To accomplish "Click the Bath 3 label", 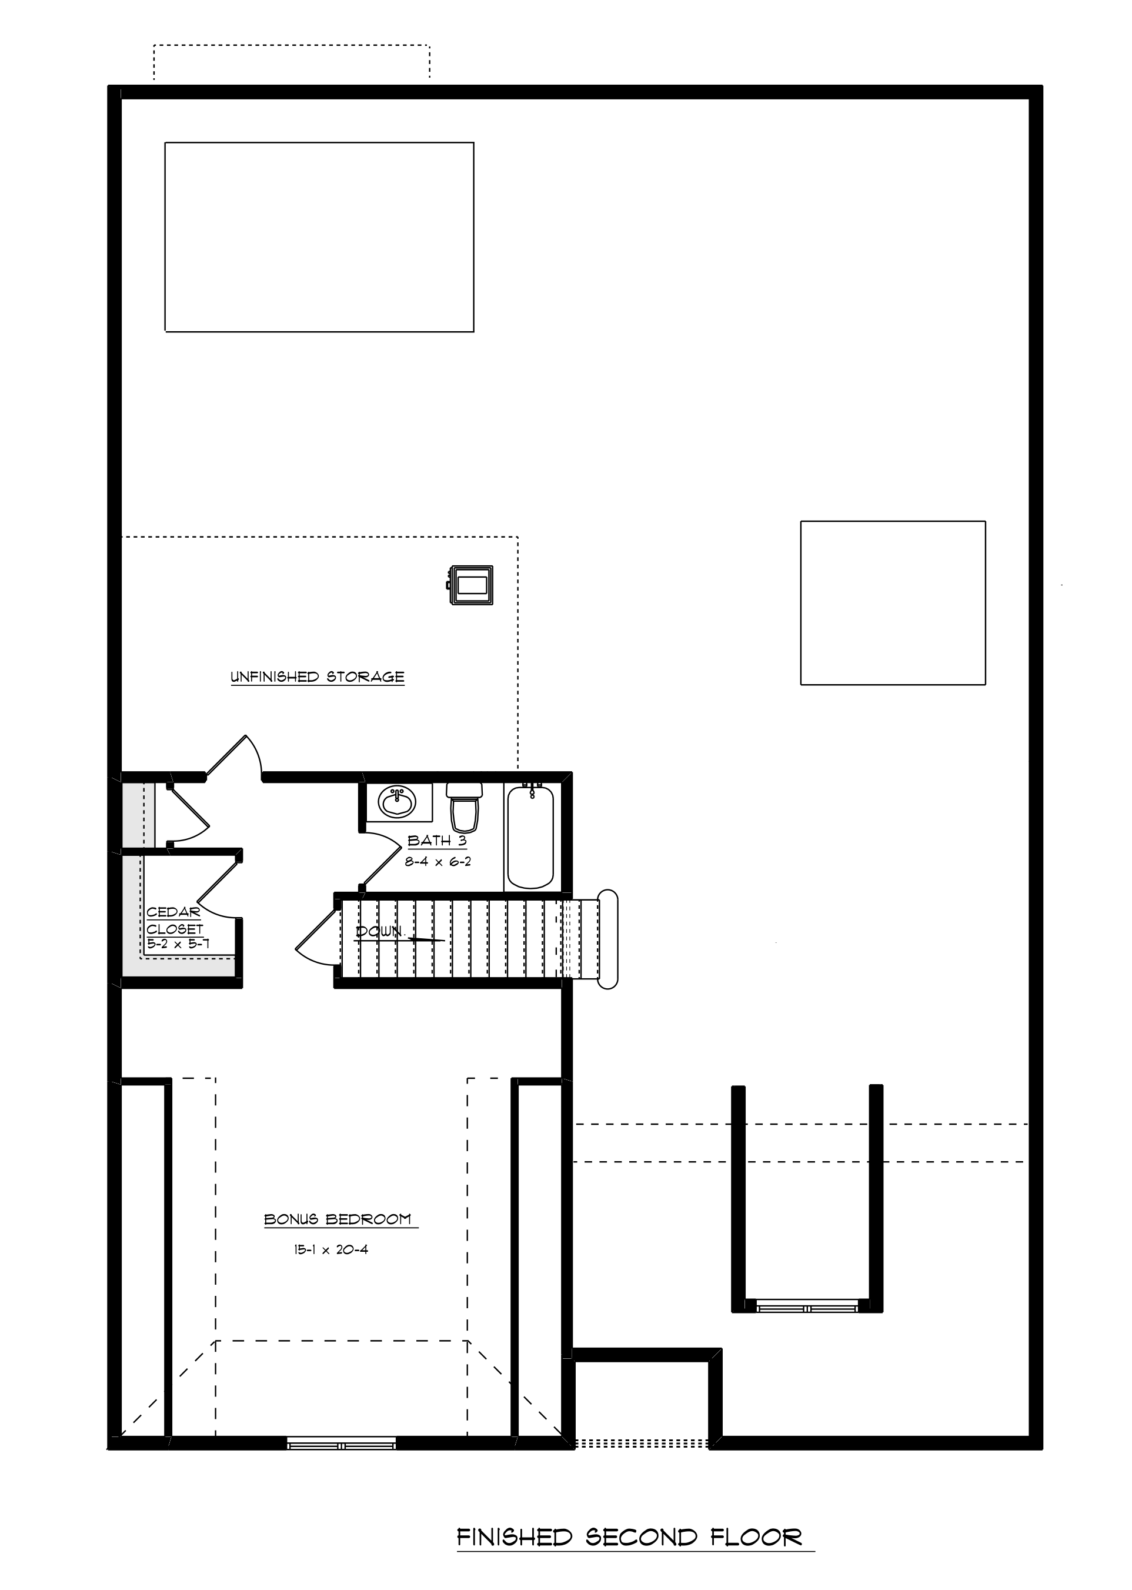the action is pyautogui.click(x=437, y=841).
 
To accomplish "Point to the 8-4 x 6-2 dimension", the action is pyautogui.click(x=438, y=862).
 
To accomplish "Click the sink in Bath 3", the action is pyautogui.click(x=396, y=802).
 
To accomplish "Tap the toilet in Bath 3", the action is pyautogui.click(x=464, y=807).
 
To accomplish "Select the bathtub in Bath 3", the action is pyautogui.click(x=530, y=836).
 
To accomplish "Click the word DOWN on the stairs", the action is pyautogui.click(x=380, y=931).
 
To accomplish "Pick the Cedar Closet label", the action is pyautogui.click(x=174, y=920).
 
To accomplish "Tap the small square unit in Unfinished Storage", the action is pyautogui.click(x=471, y=585).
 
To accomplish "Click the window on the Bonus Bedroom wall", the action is pyautogui.click(x=342, y=1443).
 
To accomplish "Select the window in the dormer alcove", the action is pyautogui.click(x=807, y=1306).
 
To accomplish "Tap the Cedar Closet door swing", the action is pyautogui.click(x=217, y=886).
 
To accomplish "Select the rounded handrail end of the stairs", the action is pyautogui.click(x=608, y=939).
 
